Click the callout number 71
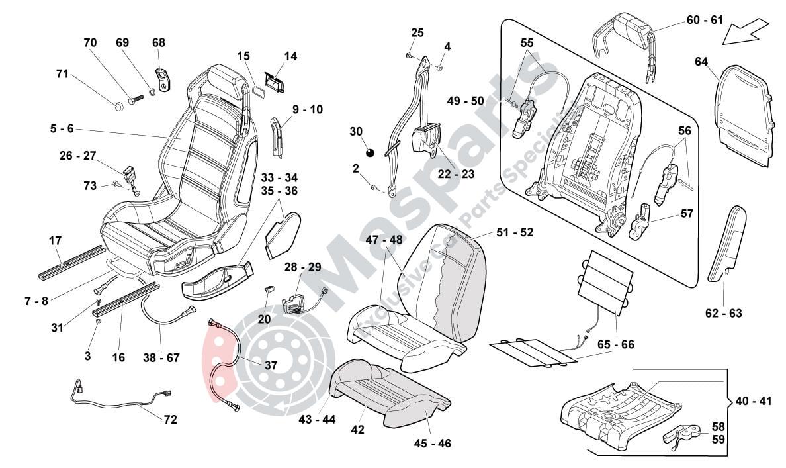(x=62, y=74)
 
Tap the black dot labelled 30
(x=370, y=154)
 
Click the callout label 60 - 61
(x=705, y=20)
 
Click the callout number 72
(x=170, y=419)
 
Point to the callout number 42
(x=358, y=429)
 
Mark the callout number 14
(x=291, y=56)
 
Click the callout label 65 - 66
(x=615, y=344)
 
